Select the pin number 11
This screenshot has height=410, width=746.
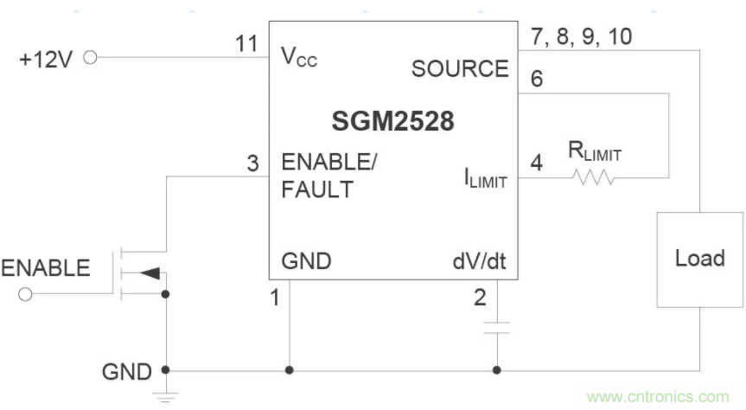tap(247, 43)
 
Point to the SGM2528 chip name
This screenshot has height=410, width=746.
tap(392, 122)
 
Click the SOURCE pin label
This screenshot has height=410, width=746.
tap(459, 68)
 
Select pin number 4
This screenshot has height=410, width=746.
tap(536, 163)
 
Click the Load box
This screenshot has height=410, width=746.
tap(699, 259)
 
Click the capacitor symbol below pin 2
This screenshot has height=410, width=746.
tap(497, 328)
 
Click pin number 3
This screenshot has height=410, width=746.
tap(252, 162)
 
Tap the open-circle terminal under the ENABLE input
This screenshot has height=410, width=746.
tap(24, 295)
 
